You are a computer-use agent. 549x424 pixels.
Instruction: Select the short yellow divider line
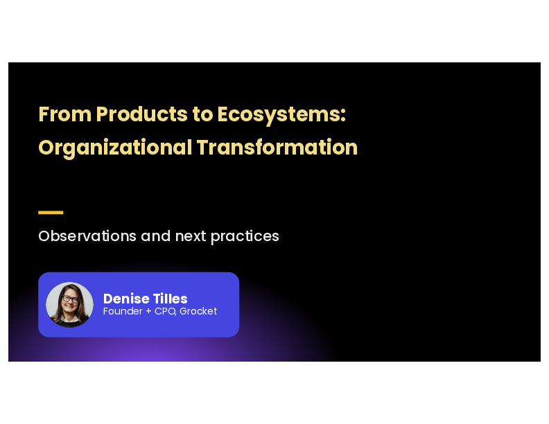click(x=51, y=213)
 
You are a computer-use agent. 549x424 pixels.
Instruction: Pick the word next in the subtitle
click(x=191, y=236)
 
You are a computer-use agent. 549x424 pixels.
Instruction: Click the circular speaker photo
click(x=69, y=305)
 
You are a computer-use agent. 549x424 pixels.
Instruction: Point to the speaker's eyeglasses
click(x=70, y=300)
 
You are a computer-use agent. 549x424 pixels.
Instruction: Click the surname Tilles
click(x=171, y=299)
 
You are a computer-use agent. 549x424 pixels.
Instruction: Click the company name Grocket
click(x=198, y=312)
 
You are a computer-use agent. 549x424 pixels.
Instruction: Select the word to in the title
click(x=203, y=115)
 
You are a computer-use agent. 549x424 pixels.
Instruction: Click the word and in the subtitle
click(x=156, y=236)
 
